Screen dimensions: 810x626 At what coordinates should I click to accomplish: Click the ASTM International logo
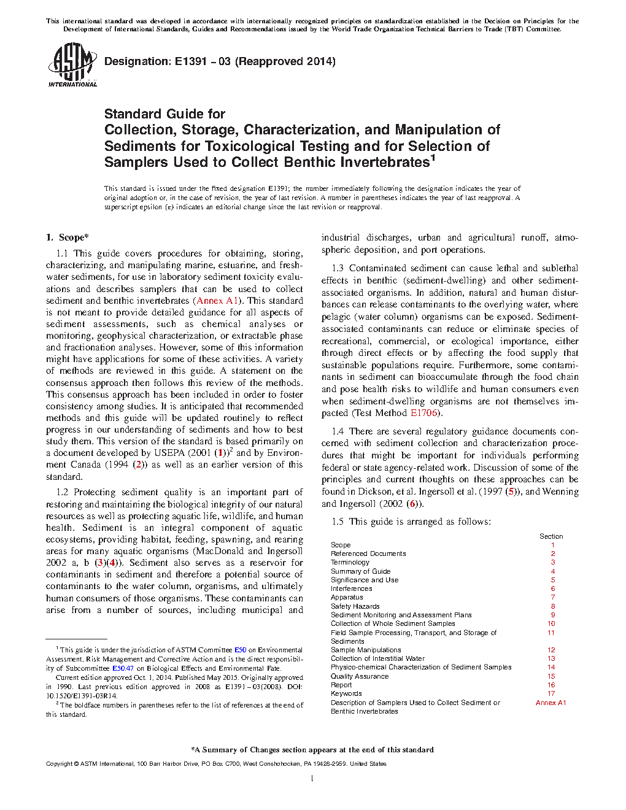(x=72, y=64)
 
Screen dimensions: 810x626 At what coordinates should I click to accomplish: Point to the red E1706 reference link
(x=424, y=413)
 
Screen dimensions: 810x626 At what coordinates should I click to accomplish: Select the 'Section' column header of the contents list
(x=551, y=536)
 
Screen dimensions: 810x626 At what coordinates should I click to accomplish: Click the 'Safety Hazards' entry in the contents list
(x=355, y=606)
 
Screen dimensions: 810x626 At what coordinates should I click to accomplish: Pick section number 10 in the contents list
(x=551, y=623)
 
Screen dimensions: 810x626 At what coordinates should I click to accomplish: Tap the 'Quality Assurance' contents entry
(x=360, y=676)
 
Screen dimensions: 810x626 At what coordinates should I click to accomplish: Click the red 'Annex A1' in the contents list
(x=551, y=703)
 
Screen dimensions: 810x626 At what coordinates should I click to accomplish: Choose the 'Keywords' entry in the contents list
(x=346, y=693)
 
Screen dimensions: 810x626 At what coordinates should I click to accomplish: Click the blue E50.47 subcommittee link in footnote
(x=123, y=668)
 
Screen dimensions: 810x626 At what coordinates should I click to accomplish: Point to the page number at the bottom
(x=312, y=779)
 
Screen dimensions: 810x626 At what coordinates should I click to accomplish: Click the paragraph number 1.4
(x=338, y=431)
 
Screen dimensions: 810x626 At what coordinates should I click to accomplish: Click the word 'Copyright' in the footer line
(x=60, y=764)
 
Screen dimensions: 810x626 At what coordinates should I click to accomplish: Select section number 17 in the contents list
(x=551, y=693)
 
